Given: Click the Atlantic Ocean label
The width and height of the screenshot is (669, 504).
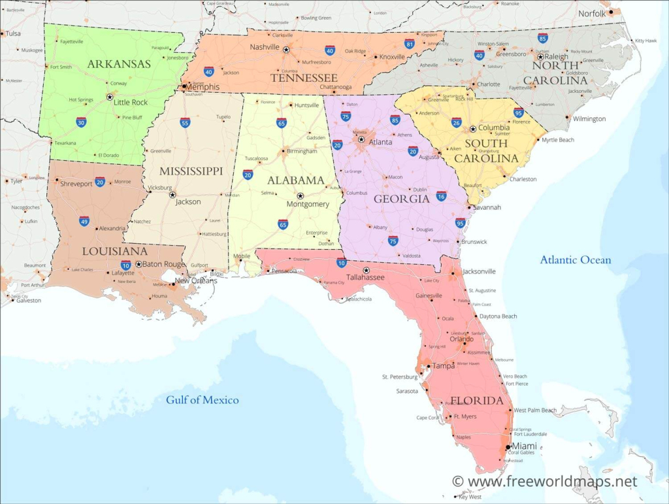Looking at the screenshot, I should [x=575, y=260].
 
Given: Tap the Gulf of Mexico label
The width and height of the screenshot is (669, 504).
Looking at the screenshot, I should [x=202, y=400].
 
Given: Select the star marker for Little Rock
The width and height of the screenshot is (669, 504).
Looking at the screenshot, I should [x=109, y=97].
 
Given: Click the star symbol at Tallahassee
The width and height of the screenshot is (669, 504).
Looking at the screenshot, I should [x=366, y=270].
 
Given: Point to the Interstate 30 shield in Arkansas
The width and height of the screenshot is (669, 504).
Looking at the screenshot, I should [x=81, y=122].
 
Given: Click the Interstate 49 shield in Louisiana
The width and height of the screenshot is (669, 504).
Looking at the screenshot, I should [x=84, y=222].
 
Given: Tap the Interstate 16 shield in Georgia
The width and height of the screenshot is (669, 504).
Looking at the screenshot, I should [x=442, y=196].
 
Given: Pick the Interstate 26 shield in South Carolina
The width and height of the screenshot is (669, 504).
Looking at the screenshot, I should [x=456, y=122].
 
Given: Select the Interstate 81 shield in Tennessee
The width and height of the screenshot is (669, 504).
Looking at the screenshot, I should [x=410, y=44].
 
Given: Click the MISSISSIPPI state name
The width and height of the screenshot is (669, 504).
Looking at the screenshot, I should [x=191, y=171].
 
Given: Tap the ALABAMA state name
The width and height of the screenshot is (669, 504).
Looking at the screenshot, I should [x=295, y=180].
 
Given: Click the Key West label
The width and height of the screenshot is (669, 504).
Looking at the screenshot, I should [x=470, y=497].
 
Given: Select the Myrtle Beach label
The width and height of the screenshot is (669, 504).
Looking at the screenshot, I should [x=558, y=140].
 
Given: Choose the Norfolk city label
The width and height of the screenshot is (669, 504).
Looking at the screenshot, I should [x=592, y=13].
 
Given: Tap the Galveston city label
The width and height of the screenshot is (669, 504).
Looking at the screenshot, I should [x=28, y=301].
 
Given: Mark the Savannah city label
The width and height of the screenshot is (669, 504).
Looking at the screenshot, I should [x=487, y=207].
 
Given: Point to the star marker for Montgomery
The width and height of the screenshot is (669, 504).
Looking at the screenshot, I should [x=301, y=195].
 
